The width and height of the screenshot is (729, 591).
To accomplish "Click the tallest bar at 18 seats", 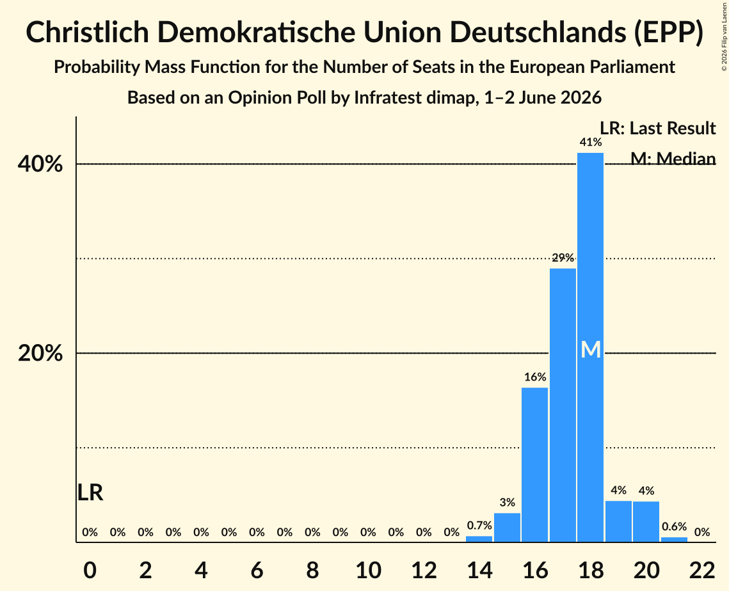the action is [x=591, y=347].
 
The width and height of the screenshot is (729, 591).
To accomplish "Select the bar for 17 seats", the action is [x=563, y=405].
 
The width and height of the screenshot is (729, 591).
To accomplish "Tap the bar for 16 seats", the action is [x=534, y=464].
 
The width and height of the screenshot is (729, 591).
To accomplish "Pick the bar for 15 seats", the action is [x=507, y=527].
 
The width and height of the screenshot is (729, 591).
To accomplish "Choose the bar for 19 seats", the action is [x=618, y=521].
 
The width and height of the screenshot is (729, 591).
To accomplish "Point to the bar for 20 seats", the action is [x=646, y=522].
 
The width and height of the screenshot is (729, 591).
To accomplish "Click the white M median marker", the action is [x=591, y=349].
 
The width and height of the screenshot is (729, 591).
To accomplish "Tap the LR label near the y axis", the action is [x=90, y=492].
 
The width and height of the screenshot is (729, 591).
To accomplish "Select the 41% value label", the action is [x=591, y=142].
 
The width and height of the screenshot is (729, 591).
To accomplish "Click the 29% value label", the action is [x=563, y=257].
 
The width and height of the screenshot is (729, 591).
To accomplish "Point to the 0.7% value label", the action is [x=479, y=526].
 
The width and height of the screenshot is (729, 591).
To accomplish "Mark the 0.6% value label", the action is [x=674, y=526].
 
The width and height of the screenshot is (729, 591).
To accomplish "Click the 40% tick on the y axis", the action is [x=40, y=164].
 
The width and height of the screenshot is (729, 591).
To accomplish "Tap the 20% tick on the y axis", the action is [x=40, y=353].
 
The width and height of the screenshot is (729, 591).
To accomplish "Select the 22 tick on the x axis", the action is [x=702, y=570].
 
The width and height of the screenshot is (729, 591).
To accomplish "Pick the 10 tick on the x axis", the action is [x=368, y=570].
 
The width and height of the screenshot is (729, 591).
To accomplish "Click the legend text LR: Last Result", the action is [x=657, y=128].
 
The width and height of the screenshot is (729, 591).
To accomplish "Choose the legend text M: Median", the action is [x=673, y=159].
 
